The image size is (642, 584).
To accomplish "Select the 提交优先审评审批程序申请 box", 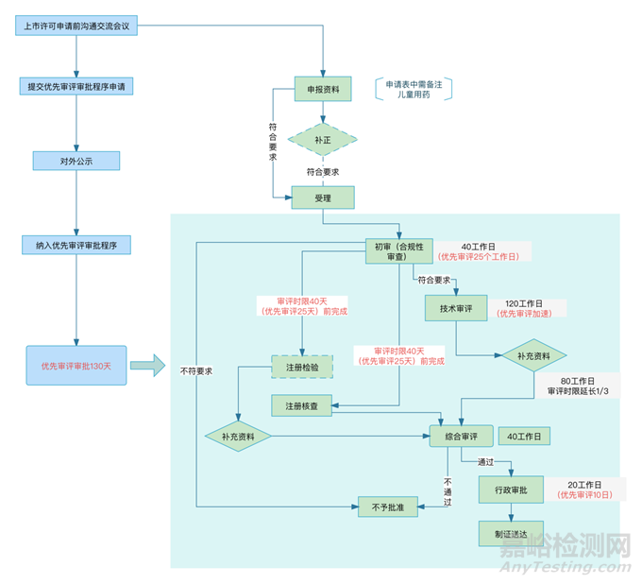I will pyautogui.click(x=76, y=86).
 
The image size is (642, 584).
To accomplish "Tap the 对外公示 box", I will pyautogui.click(x=76, y=160).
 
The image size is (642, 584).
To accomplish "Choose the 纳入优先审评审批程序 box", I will pyautogui.click(x=76, y=245).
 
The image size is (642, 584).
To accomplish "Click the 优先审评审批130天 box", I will pyautogui.click(x=76, y=366).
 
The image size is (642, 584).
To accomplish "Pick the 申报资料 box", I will pyautogui.click(x=323, y=89).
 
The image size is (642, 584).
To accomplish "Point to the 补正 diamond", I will pyautogui.click(x=323, y=140).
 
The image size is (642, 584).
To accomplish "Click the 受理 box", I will pyautogui.click(x=323, y=198).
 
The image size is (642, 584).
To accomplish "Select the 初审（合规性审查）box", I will pyautogui.click(x=399, y=251).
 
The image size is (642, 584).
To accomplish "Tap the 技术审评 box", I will pyautogui.click(x=455, y=309).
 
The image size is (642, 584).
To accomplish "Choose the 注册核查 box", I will pyautogui.click(x=301, y=405).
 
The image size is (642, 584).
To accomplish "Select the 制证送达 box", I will pyautogui.click(x=510, y=531).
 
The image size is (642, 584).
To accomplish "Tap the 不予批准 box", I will pyautogui.click(x=388, y=507).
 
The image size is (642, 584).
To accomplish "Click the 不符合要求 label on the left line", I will pyautogui.click(x=196, y=370).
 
